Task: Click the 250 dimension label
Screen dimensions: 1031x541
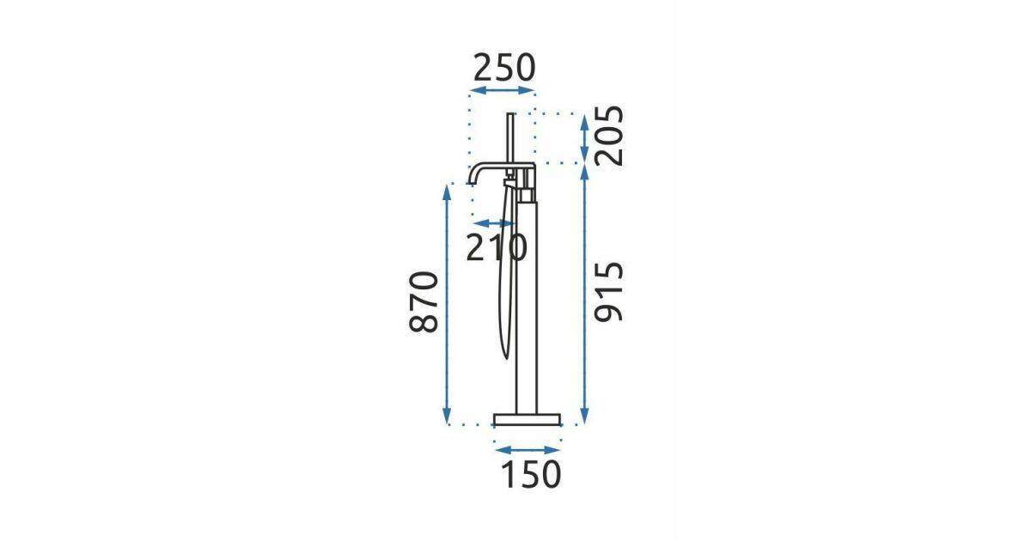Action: pyautogui.click(x=504, y=68)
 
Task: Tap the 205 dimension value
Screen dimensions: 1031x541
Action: pyautogui.click(x=608, y=136)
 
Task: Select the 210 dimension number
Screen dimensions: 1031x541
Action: pyautogui.click(x=497, y=247)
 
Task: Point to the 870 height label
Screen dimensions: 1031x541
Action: pyautogui.click(x=423, y=301)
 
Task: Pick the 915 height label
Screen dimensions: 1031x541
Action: pyautogui.click(x=608, y=292)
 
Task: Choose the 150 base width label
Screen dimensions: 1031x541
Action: pyautogui.click(x=531, y=474)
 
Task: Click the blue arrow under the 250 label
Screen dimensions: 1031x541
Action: pyautogui.click(x=503, y=90)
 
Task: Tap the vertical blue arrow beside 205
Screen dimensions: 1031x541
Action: pyautogui.click(x=584, y=138)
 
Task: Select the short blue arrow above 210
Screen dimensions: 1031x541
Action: pyautogui.click(x=494, y=223)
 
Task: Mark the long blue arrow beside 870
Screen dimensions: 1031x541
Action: pyautogui.click(x=447, y=304)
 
